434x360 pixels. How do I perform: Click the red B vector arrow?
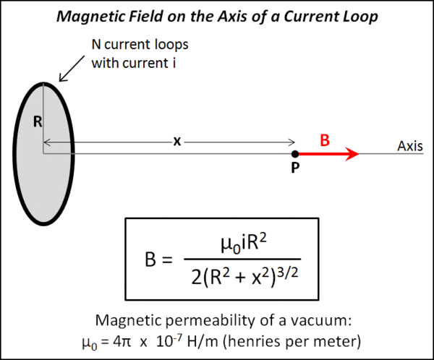(329, 153)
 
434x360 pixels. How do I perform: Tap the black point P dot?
(295, 153)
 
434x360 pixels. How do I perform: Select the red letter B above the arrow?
(325, 140)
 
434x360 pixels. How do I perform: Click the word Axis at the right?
(410, 146)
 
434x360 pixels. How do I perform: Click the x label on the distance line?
(176, 142)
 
